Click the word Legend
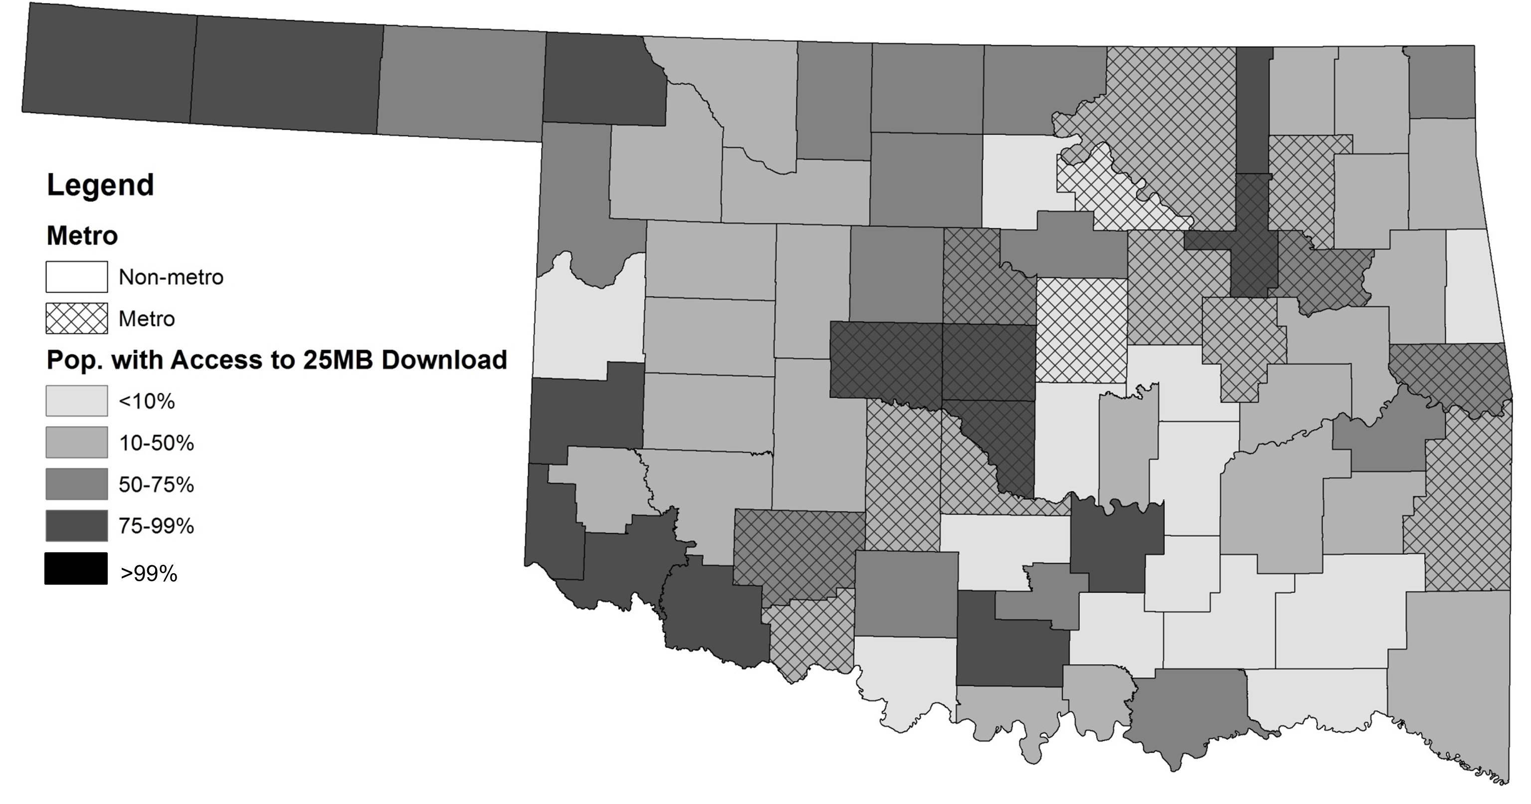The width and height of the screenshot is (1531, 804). coord(100,185)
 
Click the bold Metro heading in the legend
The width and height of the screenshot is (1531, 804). coord(82,236)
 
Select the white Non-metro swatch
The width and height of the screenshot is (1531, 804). coord(77,277)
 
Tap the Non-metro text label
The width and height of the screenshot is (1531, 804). coord(171,278)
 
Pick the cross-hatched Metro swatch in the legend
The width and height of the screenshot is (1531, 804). coord(77,319)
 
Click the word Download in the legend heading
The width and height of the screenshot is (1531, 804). coord(444,360)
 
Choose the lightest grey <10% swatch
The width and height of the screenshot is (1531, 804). coord(77,401)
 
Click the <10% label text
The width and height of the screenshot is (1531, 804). coord(147,402)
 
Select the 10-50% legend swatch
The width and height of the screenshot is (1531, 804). coord(77,443)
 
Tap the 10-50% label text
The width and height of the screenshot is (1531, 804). coord(156,443)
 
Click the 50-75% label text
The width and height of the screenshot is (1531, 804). coord(156,485)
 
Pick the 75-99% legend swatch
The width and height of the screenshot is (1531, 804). coord(77,526)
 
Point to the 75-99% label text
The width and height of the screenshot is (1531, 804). coord(156,526)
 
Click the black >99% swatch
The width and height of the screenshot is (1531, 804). coord(77,569)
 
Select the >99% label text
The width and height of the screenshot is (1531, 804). coord(149,574)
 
